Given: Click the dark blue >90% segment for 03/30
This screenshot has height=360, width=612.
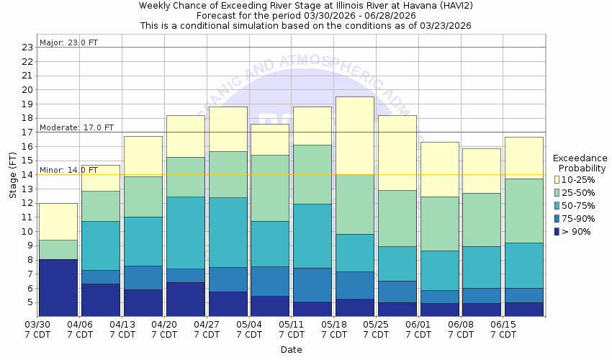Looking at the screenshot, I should pos(58,287).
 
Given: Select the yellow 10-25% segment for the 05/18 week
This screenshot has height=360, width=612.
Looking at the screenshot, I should pos(355,135).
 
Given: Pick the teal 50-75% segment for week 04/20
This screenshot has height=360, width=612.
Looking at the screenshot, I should pos(186,232).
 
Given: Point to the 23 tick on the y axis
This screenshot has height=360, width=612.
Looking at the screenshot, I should pos(27,48).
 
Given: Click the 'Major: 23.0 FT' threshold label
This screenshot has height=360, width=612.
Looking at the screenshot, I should pos(69,42).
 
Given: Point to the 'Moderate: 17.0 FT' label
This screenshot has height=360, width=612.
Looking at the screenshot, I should pos(76,127).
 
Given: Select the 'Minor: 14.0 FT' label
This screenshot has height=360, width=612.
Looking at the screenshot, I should pos(69,170).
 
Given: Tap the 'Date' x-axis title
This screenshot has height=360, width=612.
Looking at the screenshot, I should pos(291,350).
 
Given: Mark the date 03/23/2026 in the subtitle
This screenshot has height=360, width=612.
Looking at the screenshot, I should pos(447,25).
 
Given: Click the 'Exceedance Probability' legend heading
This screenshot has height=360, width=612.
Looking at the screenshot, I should pos(580,163).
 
